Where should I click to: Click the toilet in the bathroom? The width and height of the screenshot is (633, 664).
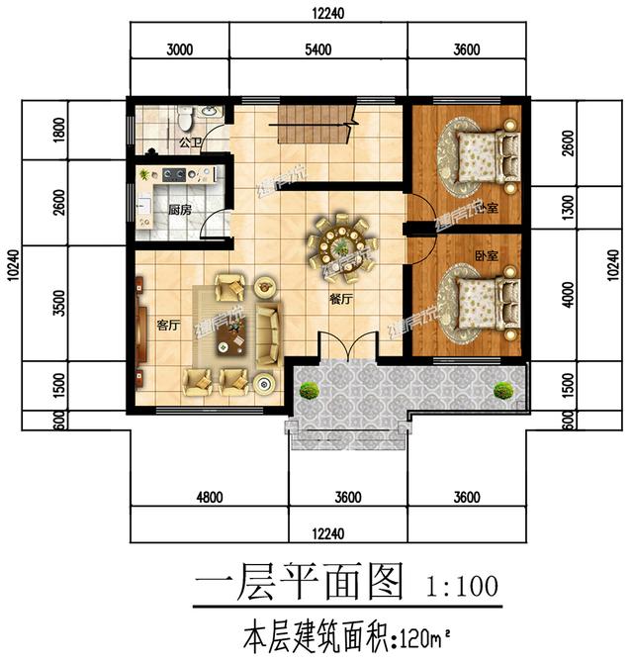point(185,120)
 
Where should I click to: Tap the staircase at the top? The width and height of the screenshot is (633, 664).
point(315,126)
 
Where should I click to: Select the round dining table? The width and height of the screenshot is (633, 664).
point(339,242)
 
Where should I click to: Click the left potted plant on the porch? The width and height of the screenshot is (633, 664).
point(310,389)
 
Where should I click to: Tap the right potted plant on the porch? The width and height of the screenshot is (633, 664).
point(504,389)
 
